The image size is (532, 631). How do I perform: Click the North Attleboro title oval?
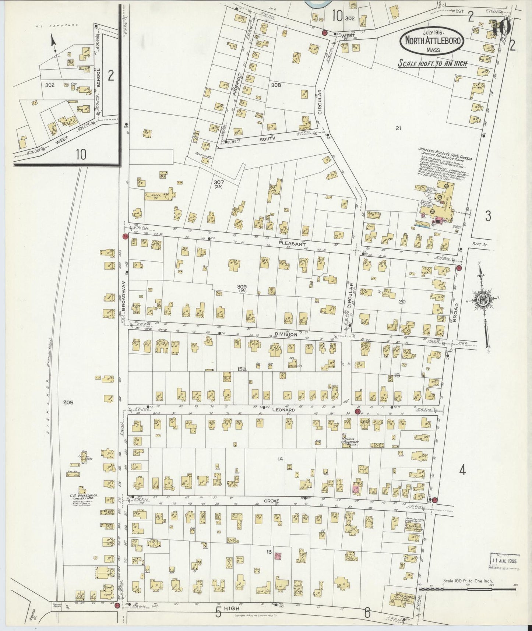point(433,41)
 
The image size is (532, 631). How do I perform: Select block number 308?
point(276,85)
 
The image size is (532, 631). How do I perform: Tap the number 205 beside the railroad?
point(68,402)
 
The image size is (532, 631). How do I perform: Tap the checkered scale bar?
point(467,588)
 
